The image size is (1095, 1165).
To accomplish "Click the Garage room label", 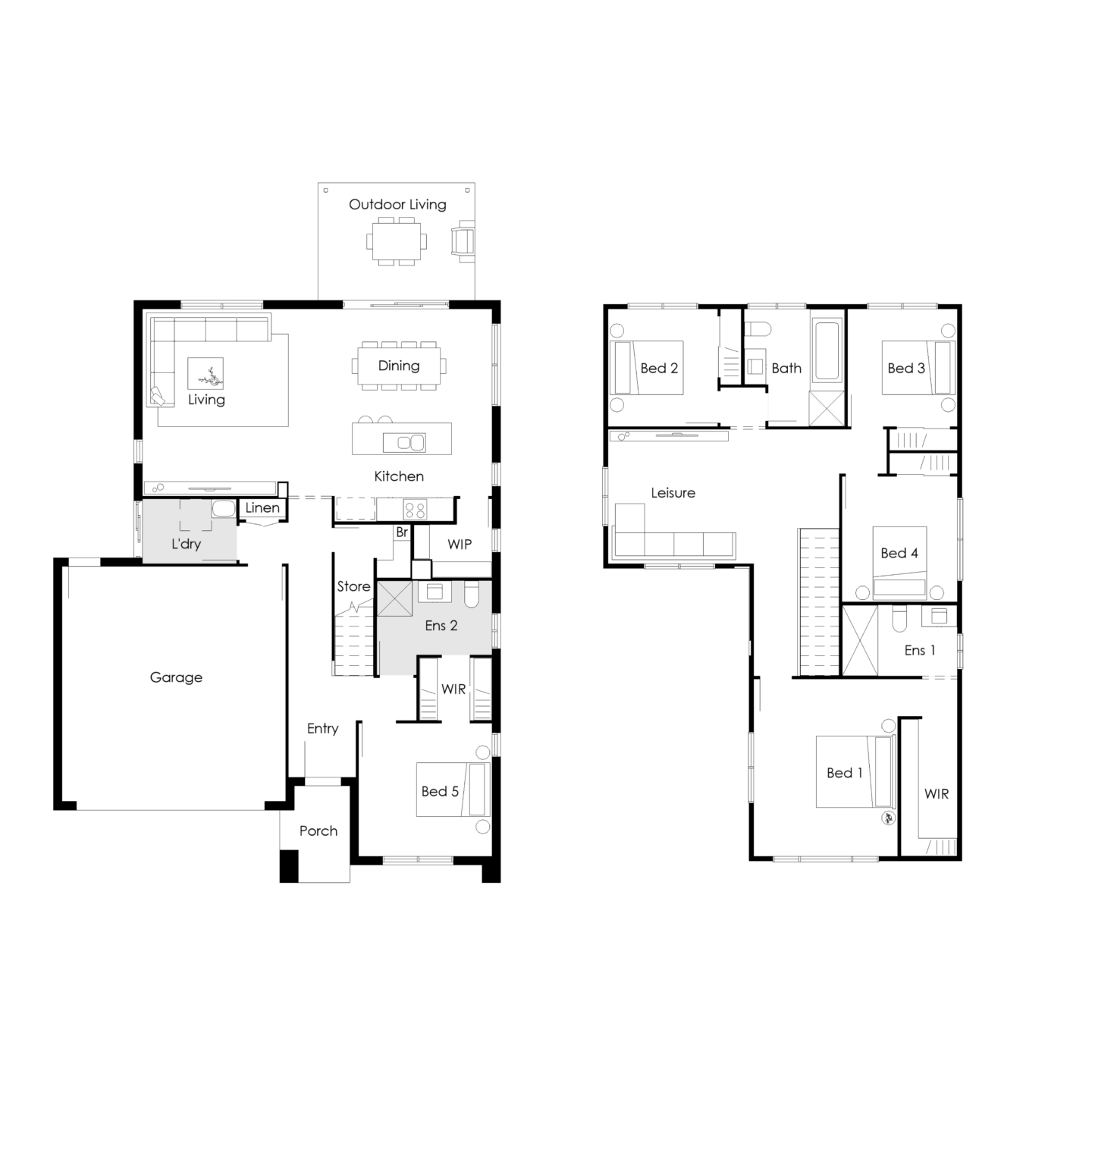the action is (x=176, y=677).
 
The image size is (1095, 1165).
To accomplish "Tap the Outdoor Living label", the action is (x=397, y=204).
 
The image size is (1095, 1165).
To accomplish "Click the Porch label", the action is (x=318, y=831).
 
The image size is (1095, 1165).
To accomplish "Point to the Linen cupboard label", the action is (x=262, y=508).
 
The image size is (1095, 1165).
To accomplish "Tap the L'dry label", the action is (x=186, y=543).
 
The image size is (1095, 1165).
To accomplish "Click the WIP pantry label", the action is (x=460, y=544).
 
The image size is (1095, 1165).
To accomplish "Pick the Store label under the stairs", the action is (x=353, y=586).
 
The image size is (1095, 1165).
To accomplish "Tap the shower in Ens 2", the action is (x=395, y=598).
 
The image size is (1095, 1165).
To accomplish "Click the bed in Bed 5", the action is (x=453, y=790).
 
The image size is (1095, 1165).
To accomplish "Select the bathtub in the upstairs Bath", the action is (x=826, y=350).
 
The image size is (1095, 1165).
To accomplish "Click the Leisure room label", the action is (x=673, y=493).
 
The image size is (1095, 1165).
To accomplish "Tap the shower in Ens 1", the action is (x=860, y=639).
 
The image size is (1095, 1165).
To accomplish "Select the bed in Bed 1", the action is (x=855, y=771).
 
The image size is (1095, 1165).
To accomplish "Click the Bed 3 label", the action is (x=906, y=369).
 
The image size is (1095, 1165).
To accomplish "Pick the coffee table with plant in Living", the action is (x=206, y=375).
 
